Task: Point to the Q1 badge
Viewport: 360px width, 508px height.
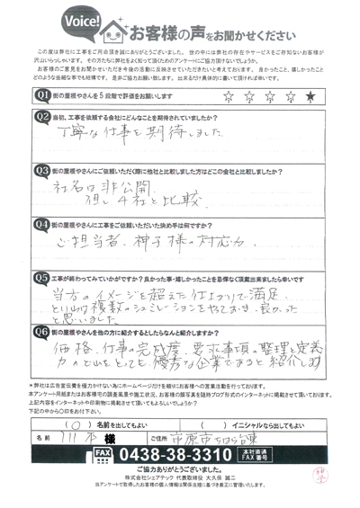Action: tap(41, 94)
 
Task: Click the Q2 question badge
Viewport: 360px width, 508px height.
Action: tap(41, 116)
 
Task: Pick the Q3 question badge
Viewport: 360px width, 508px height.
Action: tap(41, 169)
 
